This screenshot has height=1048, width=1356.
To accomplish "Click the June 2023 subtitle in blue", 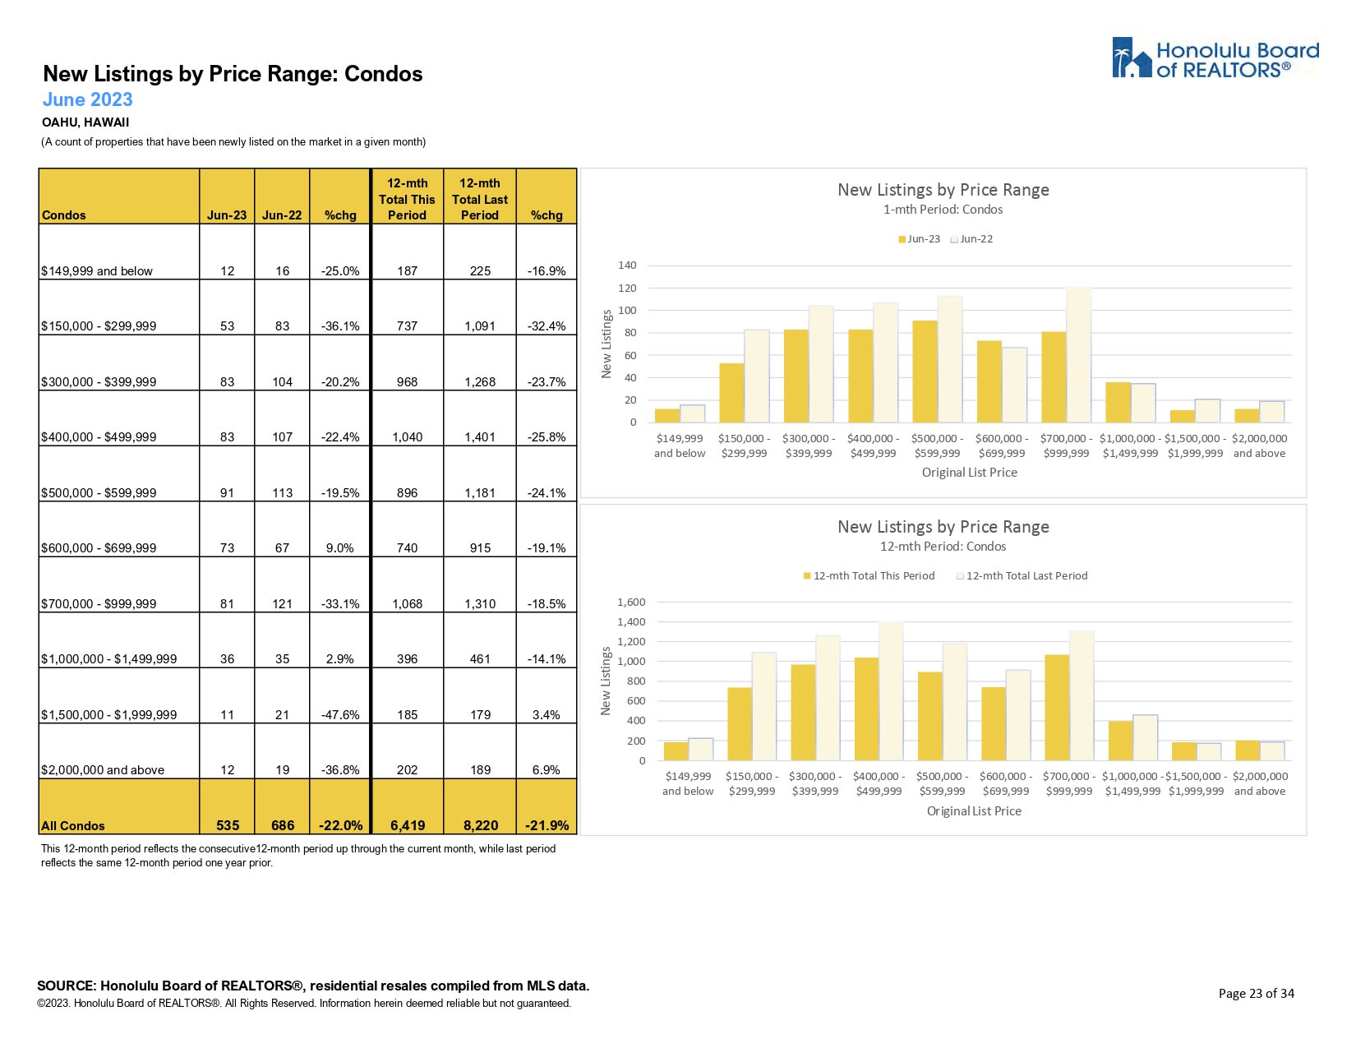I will (87, 99).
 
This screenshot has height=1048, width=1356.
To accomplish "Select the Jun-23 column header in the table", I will (227, 215).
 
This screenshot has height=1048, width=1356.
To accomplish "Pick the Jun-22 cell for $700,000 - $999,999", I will (282, 603).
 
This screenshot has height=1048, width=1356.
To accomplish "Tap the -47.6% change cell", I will (340, 714).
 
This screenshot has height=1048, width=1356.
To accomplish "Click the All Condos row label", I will (73, 825).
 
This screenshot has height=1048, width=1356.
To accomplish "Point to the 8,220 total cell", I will (480, 825).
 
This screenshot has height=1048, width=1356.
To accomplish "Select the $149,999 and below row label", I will (97, 270).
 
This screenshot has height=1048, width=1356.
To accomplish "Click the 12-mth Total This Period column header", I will (407, 199).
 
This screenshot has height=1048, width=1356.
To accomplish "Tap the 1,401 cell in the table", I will (480, 436).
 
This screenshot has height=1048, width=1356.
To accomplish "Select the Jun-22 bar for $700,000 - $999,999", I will (1078, 355).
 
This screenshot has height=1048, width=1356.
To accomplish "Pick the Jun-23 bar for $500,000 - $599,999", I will (925, 372).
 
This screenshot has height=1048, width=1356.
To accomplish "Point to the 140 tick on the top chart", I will (627, 265).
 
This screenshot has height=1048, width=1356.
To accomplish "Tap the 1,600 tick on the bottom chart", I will (631, 602).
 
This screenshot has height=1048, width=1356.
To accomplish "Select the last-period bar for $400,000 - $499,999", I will (891, 691).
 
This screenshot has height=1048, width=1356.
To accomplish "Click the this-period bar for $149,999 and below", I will (676, 751).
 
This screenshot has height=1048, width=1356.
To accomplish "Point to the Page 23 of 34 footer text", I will (1256, 993).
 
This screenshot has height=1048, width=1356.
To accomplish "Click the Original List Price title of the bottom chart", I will (974, 810).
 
